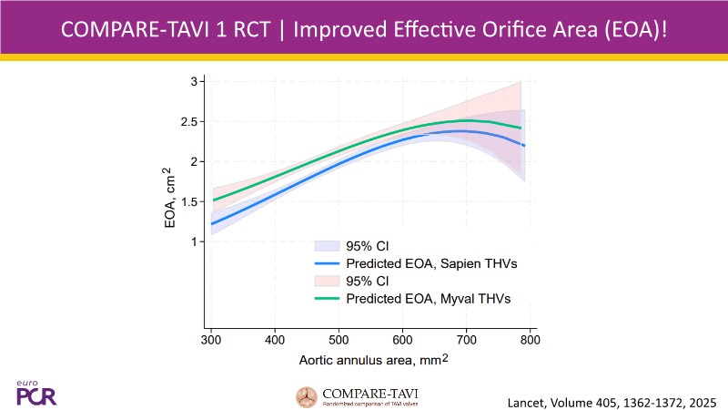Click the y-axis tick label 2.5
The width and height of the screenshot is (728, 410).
pyautogui.click(x=193, y=121)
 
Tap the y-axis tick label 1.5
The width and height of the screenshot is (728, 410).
pyautogui.click(x=193, y=201)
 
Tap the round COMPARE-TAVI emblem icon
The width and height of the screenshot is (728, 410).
pyautogui.click(x=307, y=396)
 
